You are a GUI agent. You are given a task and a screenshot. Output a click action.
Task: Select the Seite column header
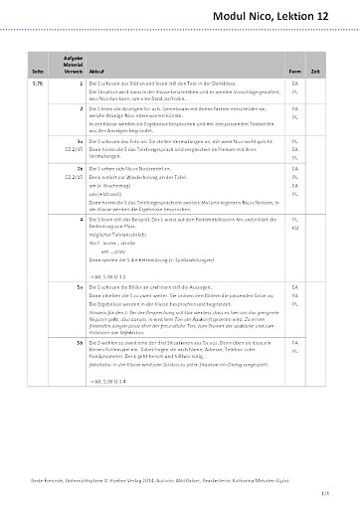pyautogui.click(x=37, y=72)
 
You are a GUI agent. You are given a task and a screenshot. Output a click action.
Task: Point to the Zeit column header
pyautogui.click(x=317, y=72)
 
